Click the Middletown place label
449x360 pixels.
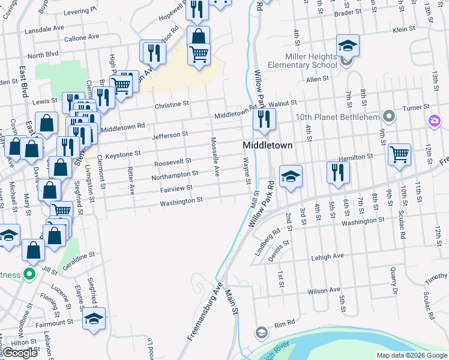267,145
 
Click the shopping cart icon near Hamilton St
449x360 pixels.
399,155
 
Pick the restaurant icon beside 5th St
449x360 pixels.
338,173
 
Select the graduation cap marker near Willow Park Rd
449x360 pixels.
291,176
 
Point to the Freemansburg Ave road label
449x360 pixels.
204,311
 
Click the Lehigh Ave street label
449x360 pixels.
327,256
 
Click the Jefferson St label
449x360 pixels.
170,136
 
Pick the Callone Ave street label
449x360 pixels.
82,37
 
